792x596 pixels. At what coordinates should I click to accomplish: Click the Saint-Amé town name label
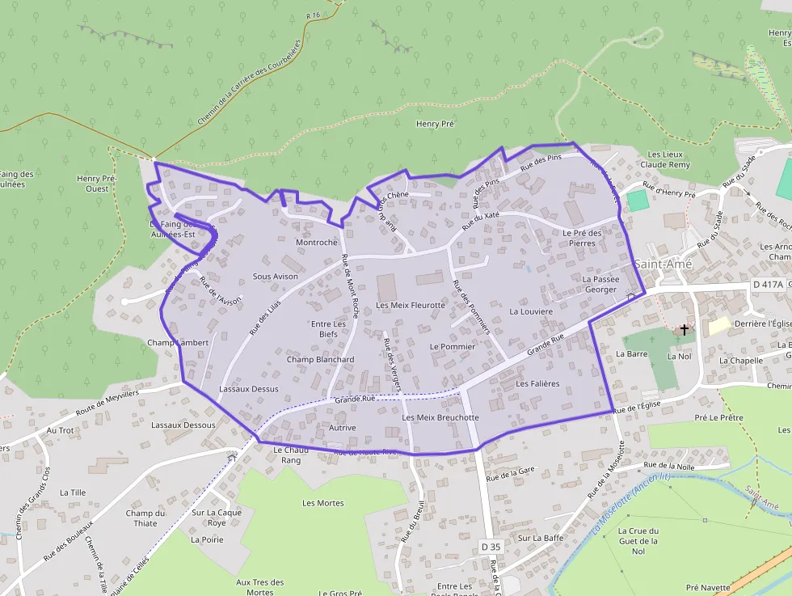click(660, 264)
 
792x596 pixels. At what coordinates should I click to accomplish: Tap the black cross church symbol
click(685, 330)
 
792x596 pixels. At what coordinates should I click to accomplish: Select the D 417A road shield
click(768, 285)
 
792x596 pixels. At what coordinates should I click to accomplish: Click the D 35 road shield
click(491, 547)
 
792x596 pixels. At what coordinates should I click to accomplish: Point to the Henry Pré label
click(435, 124)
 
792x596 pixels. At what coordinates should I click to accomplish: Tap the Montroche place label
click(317, 243)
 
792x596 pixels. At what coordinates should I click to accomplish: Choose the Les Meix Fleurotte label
click(411, 306)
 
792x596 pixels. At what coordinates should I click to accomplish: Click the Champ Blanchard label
click(320, 360)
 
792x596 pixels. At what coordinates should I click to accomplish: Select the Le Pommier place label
click(453, 346)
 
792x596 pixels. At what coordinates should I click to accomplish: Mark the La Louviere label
click(531, 311)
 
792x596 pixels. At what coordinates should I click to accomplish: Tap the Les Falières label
click(537, 384)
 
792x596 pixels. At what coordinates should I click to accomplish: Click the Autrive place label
click(343, 428)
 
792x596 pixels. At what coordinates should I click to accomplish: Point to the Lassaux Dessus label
click(248, 389)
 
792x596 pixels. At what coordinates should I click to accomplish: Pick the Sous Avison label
click(276, 277)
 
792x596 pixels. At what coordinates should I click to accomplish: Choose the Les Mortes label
click(322, 503)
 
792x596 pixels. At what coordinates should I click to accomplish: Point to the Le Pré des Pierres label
click(583, 238)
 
